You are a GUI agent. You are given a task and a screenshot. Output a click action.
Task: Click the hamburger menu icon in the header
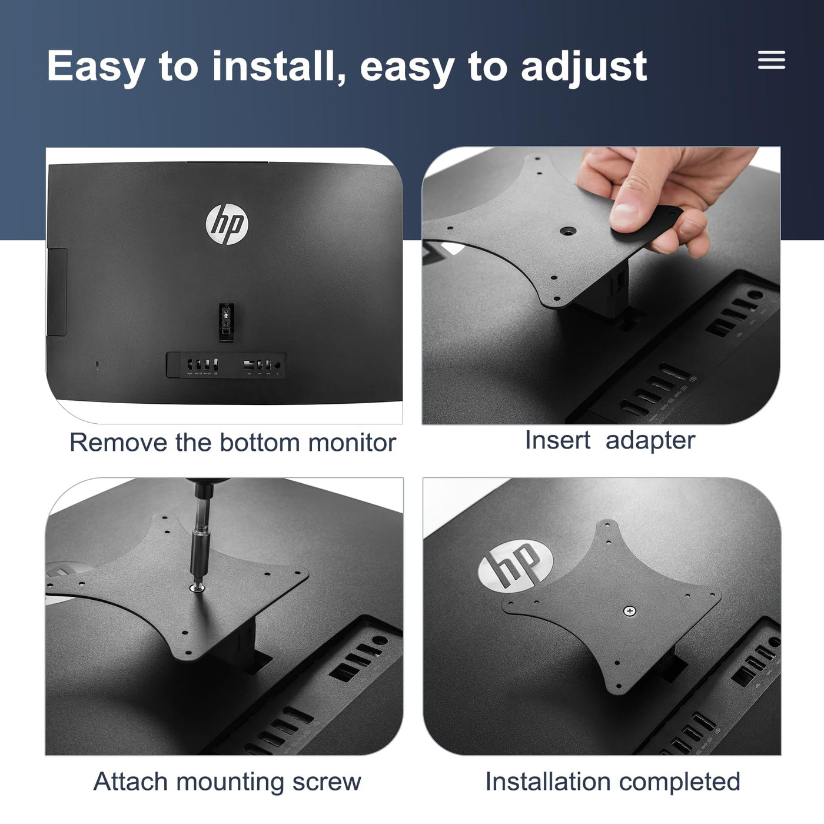[x=772, y=59]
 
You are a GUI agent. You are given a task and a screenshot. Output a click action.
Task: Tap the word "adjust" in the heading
[x=584, y=68]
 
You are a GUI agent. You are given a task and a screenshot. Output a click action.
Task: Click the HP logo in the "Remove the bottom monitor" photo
[x=227, y=224]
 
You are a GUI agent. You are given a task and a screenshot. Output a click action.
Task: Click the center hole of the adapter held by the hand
[x=569, y=231]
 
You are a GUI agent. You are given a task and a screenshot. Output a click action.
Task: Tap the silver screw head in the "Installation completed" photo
[x=629, y=611]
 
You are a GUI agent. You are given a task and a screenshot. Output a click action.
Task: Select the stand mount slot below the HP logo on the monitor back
[x=226, y=322]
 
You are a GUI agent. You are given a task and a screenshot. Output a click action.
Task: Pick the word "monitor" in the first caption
[x=352, y=442]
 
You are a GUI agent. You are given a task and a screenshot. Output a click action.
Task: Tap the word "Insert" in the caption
[x=557, y=440]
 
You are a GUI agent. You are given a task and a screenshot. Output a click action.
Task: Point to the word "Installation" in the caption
[x=548, y=782]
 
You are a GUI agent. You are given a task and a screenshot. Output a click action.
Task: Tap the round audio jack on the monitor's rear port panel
[x=277, y=365]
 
